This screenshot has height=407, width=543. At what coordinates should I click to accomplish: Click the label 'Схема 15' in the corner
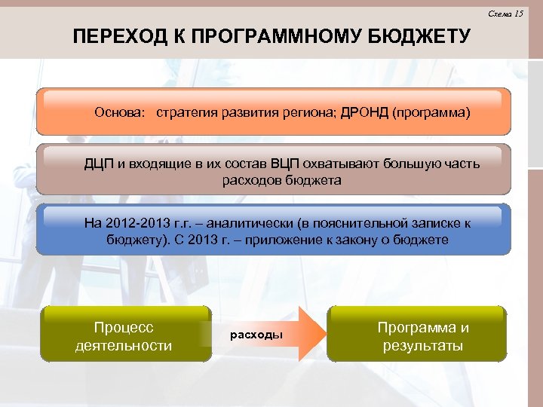click(505, 14)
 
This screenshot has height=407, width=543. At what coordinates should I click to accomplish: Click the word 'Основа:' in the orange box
click(121, 112)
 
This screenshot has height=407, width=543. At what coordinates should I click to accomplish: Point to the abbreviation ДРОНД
click(364, 112)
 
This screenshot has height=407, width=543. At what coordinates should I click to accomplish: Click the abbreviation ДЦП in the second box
click(99, 164)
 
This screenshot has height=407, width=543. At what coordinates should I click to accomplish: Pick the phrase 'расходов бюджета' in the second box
click(281, 181)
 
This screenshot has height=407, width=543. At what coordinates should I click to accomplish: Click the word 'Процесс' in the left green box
click(124, 328)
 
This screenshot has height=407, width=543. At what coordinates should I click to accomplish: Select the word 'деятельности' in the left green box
click(124, 345)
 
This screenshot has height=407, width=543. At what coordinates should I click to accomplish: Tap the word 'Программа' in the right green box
click(422, 328)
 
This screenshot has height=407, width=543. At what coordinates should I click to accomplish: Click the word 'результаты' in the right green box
click(422, 346)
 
